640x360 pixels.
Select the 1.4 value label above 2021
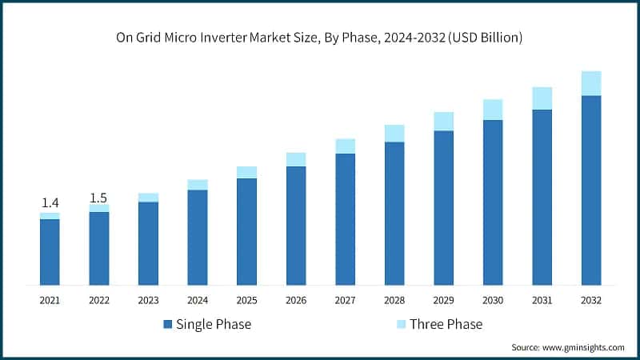50,204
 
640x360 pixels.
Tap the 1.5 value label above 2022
98,198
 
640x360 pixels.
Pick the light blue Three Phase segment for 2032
590,83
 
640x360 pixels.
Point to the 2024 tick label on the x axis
197,300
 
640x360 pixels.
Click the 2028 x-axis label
394,300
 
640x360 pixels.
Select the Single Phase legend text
214,324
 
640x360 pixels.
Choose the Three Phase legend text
446,324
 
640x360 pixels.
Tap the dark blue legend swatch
168,324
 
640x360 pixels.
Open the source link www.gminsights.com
583,347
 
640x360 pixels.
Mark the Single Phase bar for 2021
50,252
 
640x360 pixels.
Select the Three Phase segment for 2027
345,146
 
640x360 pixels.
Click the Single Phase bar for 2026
296,226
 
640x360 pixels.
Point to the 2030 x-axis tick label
492,300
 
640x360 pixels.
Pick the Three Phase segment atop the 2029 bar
443,121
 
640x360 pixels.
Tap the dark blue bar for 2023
148,243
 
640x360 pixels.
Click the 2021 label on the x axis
50,300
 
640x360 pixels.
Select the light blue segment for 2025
246,172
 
